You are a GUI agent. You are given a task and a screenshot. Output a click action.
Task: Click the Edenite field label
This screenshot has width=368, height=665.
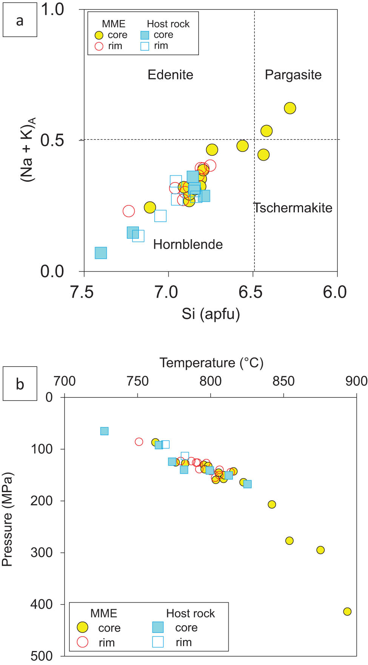[x=170, y=75]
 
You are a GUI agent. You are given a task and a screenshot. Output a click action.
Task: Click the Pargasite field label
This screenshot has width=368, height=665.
[x=293, y=75]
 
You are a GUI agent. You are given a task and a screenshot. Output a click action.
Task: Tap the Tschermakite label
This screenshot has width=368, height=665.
[x=293, y=208]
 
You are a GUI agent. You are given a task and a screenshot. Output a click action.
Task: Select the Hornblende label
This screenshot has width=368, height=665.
[x=188, y=244]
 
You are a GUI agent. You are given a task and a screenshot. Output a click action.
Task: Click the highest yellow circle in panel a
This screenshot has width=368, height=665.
[x=289, y=108]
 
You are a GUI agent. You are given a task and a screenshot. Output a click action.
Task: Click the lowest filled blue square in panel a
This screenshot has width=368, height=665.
[x=101, y=253]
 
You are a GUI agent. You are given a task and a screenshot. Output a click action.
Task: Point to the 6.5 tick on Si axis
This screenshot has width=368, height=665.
[x=251, y=292]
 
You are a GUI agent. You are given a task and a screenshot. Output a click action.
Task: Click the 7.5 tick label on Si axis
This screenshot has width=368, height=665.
[x=82, y=292]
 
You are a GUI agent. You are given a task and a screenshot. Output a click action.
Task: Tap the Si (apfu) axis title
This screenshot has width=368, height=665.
[x=211, y=314]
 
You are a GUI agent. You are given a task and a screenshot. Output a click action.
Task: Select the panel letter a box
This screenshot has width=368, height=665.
[x=20, y=20]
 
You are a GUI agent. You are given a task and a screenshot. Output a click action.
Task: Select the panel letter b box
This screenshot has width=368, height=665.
[x=20, y=384]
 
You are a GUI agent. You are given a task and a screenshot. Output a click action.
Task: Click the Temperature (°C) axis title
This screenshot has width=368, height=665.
[x=211, y=363]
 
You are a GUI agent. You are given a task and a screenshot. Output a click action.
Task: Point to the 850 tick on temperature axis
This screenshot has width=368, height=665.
[x=283, y=381]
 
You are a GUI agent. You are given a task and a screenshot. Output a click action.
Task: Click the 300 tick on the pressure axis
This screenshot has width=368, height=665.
[x=42, y=552]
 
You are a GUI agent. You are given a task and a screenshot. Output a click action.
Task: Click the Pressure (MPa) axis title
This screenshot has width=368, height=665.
[x=7, y=519]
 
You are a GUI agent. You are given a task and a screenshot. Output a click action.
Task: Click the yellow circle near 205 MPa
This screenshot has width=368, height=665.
[x=272, y=504]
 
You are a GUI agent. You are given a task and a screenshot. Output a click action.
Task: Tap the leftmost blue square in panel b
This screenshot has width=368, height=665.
[x=105, y=431]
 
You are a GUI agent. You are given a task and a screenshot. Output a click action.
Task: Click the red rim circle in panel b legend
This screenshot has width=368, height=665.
[x=83, y=642]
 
